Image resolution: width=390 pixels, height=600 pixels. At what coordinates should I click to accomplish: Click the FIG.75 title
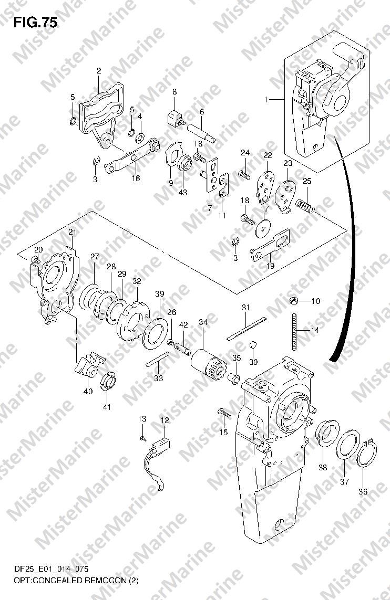click(35, 23)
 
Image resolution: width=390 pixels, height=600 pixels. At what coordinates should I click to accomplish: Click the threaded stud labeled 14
click(294, 331)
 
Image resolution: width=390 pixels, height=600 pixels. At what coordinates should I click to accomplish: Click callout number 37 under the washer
click(345, 482)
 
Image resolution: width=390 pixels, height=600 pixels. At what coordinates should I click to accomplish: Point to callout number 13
click(142, 419)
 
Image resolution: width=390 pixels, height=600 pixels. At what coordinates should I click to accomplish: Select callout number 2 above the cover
click(99, 71)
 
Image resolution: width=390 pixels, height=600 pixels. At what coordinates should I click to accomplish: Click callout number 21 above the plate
click(73, 232)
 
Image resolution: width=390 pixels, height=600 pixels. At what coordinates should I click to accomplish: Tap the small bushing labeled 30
click(252, 346)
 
